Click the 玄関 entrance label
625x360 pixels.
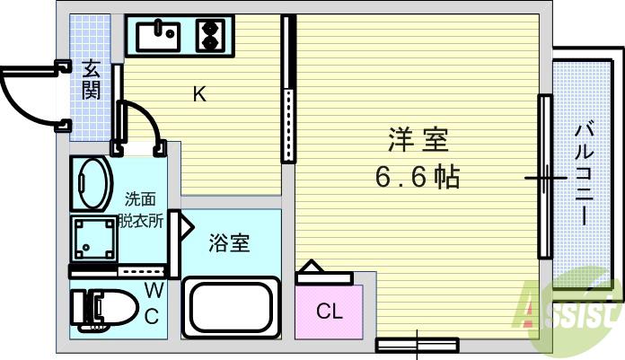92,78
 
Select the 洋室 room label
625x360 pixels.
418,141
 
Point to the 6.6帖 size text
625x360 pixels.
418,176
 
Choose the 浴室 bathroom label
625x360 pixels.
229,241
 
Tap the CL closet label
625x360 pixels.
330,312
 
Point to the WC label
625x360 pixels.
153,302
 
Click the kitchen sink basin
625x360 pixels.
159,36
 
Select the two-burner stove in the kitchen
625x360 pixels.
210,36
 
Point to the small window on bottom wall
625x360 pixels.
418,343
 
